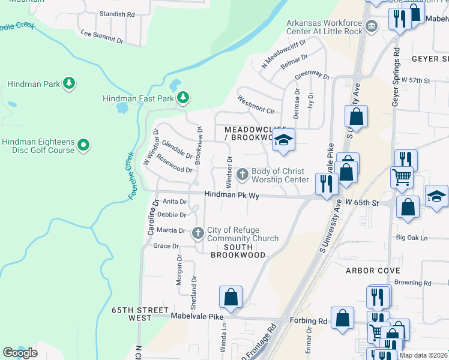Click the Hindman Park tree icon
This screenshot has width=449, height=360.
[69, 84]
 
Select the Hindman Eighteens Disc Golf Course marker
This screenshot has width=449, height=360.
[84, 145]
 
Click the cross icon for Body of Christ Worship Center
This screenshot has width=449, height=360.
[243, 175]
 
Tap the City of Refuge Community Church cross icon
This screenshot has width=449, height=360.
[199, 233]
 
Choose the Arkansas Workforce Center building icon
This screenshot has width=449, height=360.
[372, 26]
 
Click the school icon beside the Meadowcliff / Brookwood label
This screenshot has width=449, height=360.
[284, 141]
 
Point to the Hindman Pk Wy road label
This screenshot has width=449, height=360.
[231, 194]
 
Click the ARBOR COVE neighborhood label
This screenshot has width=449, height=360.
[373, 271]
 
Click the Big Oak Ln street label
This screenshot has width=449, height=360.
[412, 238]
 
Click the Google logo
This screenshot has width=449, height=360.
[20, 353]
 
